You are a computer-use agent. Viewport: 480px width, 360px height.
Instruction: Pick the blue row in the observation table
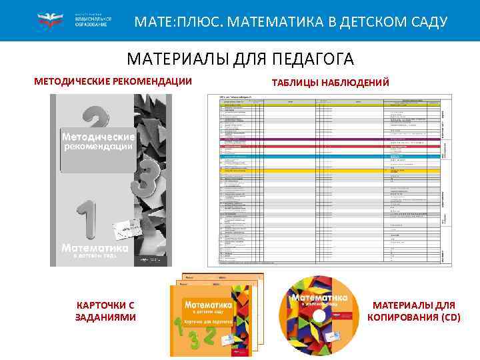pyautogui.click(x=329, y=156)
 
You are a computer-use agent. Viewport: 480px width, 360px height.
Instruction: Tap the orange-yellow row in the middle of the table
pyautogui.click(x=329, y=170)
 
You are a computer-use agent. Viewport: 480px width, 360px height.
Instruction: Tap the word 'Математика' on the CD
pyautogui.click(x=321, y=295)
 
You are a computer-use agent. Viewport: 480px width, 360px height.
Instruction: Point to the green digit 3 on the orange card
pyautogui.click(x=194, y=342)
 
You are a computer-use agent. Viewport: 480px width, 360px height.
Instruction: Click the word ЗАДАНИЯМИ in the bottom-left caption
pyautogui.click(x=105, y=317)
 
